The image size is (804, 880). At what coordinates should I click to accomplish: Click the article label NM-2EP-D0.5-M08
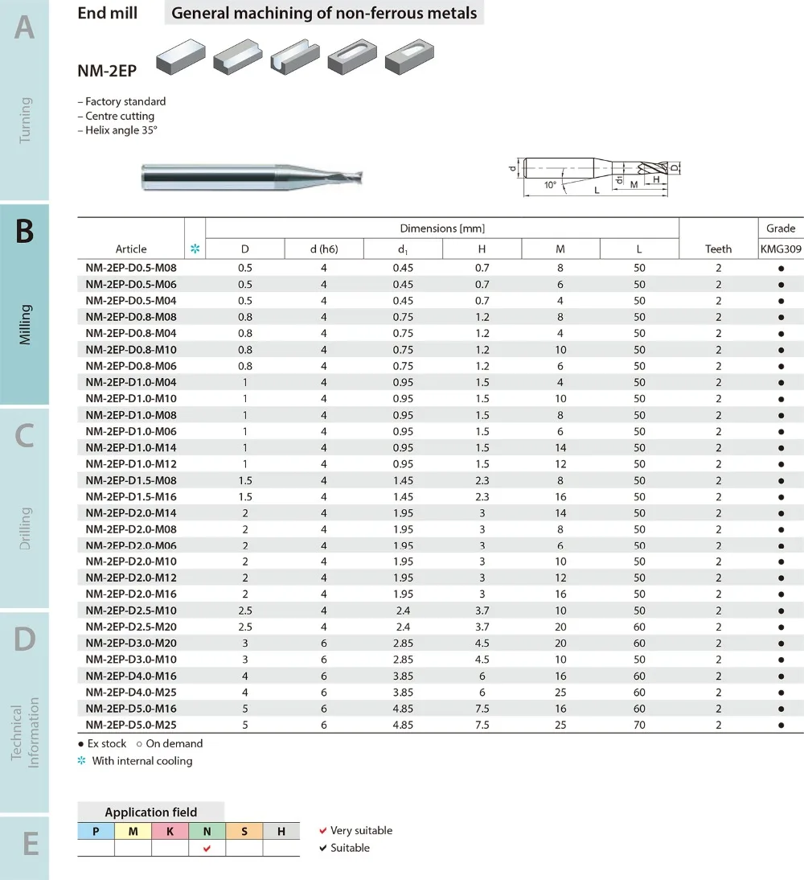[131, 268]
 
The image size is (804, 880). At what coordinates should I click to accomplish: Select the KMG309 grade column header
[781, 249]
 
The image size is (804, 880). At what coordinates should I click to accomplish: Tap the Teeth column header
[718, 249]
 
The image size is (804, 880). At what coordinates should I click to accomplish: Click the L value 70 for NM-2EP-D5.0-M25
[639, 725]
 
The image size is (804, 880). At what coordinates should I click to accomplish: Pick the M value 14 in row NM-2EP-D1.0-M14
[560, 447]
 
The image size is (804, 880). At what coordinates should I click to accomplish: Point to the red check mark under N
[207, 848]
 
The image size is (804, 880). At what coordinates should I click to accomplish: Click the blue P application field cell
[96, 831]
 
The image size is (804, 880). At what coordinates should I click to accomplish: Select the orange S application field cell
[244, 831]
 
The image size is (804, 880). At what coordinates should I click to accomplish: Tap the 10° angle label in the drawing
[550, 185]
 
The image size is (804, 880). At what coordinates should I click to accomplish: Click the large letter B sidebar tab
[24, 231]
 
